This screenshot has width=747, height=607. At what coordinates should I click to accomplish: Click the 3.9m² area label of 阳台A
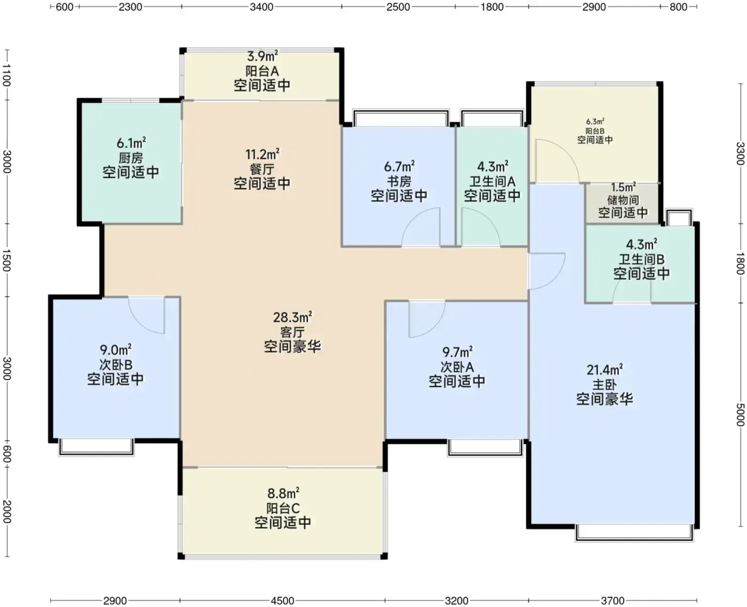[263, 57]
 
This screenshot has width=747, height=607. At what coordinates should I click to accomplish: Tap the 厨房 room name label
[131, 158]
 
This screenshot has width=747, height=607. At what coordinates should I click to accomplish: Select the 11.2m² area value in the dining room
[262, 154]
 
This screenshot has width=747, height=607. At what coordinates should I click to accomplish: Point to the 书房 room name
[399, 181]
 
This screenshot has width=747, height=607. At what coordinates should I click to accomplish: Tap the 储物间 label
[623, 200]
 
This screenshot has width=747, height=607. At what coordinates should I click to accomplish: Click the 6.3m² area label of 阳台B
[595, 122]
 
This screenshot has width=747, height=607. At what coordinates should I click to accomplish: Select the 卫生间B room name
[641, 259]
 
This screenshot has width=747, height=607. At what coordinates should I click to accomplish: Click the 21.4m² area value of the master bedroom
[605, 370]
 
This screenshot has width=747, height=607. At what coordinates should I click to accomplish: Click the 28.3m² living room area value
[292, 317]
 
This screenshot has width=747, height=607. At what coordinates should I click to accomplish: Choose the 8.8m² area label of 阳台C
[283, 493]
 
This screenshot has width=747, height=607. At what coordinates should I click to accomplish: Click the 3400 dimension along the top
[261, 6]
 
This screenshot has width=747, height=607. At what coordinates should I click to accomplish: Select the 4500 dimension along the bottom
[282, 601]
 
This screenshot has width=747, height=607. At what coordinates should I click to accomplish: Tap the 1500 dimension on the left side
[6, 260]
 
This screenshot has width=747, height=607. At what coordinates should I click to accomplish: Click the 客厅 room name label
[292, 332]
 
